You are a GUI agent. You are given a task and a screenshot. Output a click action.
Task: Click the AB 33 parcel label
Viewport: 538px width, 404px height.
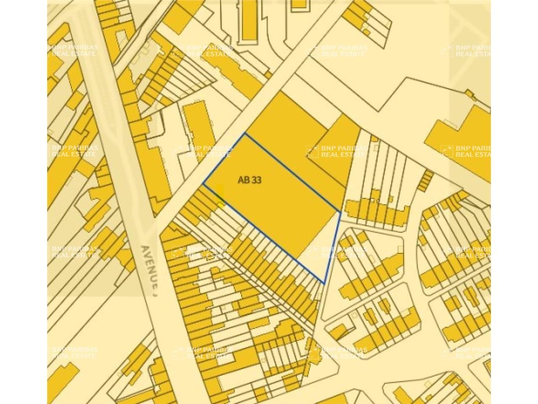tap(250, 180)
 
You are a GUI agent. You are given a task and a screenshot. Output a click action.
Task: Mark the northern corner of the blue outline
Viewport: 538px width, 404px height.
tap(245, 134)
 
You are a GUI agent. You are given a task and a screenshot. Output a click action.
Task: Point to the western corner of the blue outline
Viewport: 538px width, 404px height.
tap(204, 184)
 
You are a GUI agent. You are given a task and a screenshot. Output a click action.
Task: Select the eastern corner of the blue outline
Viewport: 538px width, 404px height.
tap(340, 211)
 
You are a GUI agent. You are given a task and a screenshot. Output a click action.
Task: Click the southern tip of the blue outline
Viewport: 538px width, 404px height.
tap(324, 283)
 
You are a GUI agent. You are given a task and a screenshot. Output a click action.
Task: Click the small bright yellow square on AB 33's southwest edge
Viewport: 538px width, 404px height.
tap(220, 205)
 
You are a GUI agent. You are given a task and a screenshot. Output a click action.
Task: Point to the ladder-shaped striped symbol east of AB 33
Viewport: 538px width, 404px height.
tap(425, 181)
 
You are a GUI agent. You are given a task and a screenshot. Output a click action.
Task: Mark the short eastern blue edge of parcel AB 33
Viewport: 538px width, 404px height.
tap(332, 247)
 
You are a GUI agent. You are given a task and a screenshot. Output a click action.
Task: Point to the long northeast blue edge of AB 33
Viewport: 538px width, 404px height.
tap(293, 173)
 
